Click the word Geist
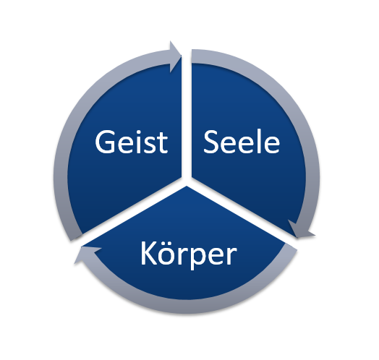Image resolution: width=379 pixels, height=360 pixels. click(131, 142)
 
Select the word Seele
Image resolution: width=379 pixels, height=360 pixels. click(242, 142)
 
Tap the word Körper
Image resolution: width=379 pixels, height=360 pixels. click(189, 254)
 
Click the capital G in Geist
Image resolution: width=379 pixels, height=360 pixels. click(105, 142)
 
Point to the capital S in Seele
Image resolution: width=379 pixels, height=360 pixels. click(212, 142)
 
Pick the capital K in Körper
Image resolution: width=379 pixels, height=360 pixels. click(149, 253)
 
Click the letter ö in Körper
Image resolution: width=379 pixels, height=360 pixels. click(168, 254)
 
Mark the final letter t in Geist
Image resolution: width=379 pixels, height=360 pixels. click(163, 144)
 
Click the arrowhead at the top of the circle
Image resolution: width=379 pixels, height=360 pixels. click(175, 57)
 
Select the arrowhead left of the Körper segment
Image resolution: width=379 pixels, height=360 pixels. click(87, 254)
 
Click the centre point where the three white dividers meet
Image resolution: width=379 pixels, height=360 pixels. click(187, 181)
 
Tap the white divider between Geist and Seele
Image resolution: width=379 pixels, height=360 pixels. click(187, 116)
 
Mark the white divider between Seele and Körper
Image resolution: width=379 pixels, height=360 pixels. click(242, 213)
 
